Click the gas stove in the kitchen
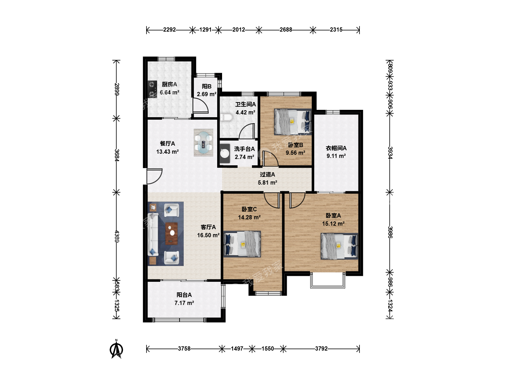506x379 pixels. pyautogui.click(x=152, y=89)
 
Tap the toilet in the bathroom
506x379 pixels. pyautogui.click(x=226, y=117)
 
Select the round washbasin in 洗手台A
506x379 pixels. pyautogui.click(x=225, y=153)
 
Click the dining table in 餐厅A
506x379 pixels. pyautogui.click(x=203, y=143)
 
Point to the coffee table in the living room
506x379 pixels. pyautogui.click(x=171, y=233)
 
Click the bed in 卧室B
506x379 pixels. pyautogui.click(x=293, y=122)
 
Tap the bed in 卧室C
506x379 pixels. pyautogui.click(x=242, y=244)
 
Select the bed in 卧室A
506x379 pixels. pyautogui.click(x=339, y=246)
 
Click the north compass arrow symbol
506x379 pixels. pyautogui.click(x=116, y=350)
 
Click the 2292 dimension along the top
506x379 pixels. pyautogui.click(x=169, y=30)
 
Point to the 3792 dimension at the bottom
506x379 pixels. pyautogui.click(x=322, y=348)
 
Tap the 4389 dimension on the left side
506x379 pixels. pyautogui.click(x=117, y=236)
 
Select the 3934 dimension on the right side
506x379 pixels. pyautogui.click(x=390, y=153)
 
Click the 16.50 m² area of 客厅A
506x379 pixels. pyautogui.click(x=208, y=235)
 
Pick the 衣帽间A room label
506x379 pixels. pyautogui.click(x=336, y=148)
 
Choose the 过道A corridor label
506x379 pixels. pyautogui.click(x=267, y=174)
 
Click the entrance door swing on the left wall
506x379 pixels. pyautogui.click(x=155, y=176)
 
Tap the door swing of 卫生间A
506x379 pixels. pyautogui.click(x=247, y=131)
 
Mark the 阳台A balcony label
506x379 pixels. pyautogui.click(x=184, y=295)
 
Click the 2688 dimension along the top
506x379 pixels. pyautogui.click(x=286, y=30)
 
